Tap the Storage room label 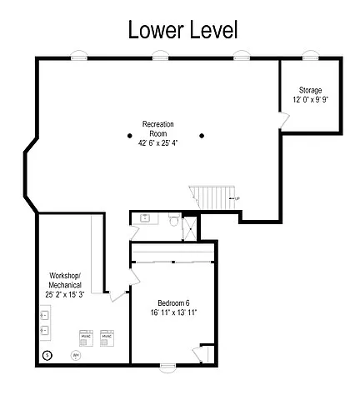tap(310, 89)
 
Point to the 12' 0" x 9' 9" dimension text tap(310, 99)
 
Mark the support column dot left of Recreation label tap(129, 135)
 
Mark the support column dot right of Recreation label tap(201, 135)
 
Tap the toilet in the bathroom tap(172, 222)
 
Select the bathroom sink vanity tap(144, 219)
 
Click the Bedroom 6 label tap(173, 302)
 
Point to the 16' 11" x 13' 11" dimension tap(173, 313)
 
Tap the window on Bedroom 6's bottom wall tap(165, 365)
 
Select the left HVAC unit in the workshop tap(86, 337)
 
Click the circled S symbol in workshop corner tap(47, 355)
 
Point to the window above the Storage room tap(311, 57)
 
